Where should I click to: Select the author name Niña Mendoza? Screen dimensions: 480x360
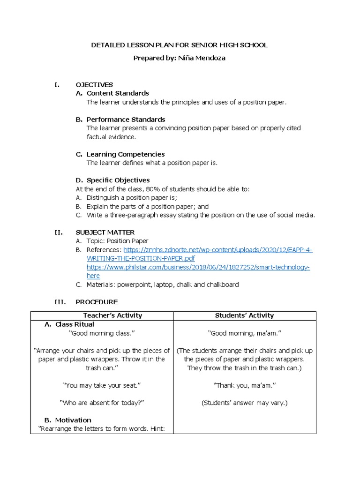tap(202, 58)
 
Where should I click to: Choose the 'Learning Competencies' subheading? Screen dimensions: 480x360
tap(125, 154)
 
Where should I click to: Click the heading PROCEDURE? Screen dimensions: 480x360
tap(97, 302)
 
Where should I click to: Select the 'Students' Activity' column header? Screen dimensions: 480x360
tap(244, 315)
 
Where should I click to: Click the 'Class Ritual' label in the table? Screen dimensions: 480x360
tap(75, 324)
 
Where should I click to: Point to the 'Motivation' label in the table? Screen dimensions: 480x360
tap(73, 420)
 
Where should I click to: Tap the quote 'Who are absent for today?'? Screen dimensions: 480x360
tap(102, 403)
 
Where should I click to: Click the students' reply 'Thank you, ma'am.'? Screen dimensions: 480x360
tap(244, 385)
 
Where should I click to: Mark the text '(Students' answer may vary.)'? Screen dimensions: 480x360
tap(244, 403)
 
